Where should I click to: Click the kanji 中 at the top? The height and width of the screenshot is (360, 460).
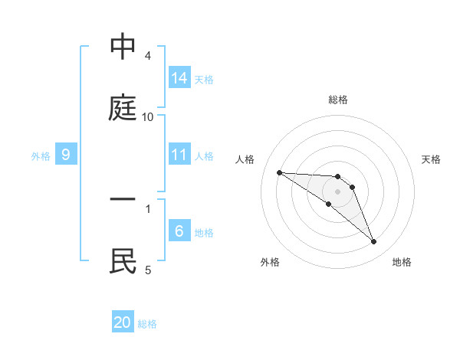(x=123, y=48)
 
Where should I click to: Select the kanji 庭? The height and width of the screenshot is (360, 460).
(x=123, y=108)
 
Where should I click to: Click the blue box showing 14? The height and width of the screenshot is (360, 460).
(x=179, y=77)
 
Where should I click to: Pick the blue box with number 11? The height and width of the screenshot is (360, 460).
(x=179, y=155)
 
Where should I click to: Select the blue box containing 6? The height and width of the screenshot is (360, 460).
(x=179, y=231)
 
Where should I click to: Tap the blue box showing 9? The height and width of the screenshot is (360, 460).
(x=66, y=155)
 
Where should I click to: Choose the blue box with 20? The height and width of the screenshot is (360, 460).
(x=123, y=322)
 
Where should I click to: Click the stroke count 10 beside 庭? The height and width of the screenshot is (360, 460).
(x=148, y=116)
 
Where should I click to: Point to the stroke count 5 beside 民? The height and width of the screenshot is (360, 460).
(x=148, y=270)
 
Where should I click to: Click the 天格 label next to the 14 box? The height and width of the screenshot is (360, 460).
(x=204, y=79)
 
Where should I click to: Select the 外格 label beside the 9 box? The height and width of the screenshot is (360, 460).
(x=41, y=156)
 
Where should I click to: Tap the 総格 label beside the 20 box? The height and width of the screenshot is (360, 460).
(x=147, y=324)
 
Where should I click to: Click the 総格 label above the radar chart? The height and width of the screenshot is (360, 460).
(x=338, y=100)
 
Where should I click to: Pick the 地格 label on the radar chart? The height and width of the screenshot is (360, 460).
(x=402, y=262)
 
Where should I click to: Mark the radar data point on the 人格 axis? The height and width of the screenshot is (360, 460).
(x=279, y=172)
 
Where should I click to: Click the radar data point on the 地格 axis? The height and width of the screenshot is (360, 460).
(x=373, y=242)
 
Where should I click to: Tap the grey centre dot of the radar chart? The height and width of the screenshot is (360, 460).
(x=338, y=191)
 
